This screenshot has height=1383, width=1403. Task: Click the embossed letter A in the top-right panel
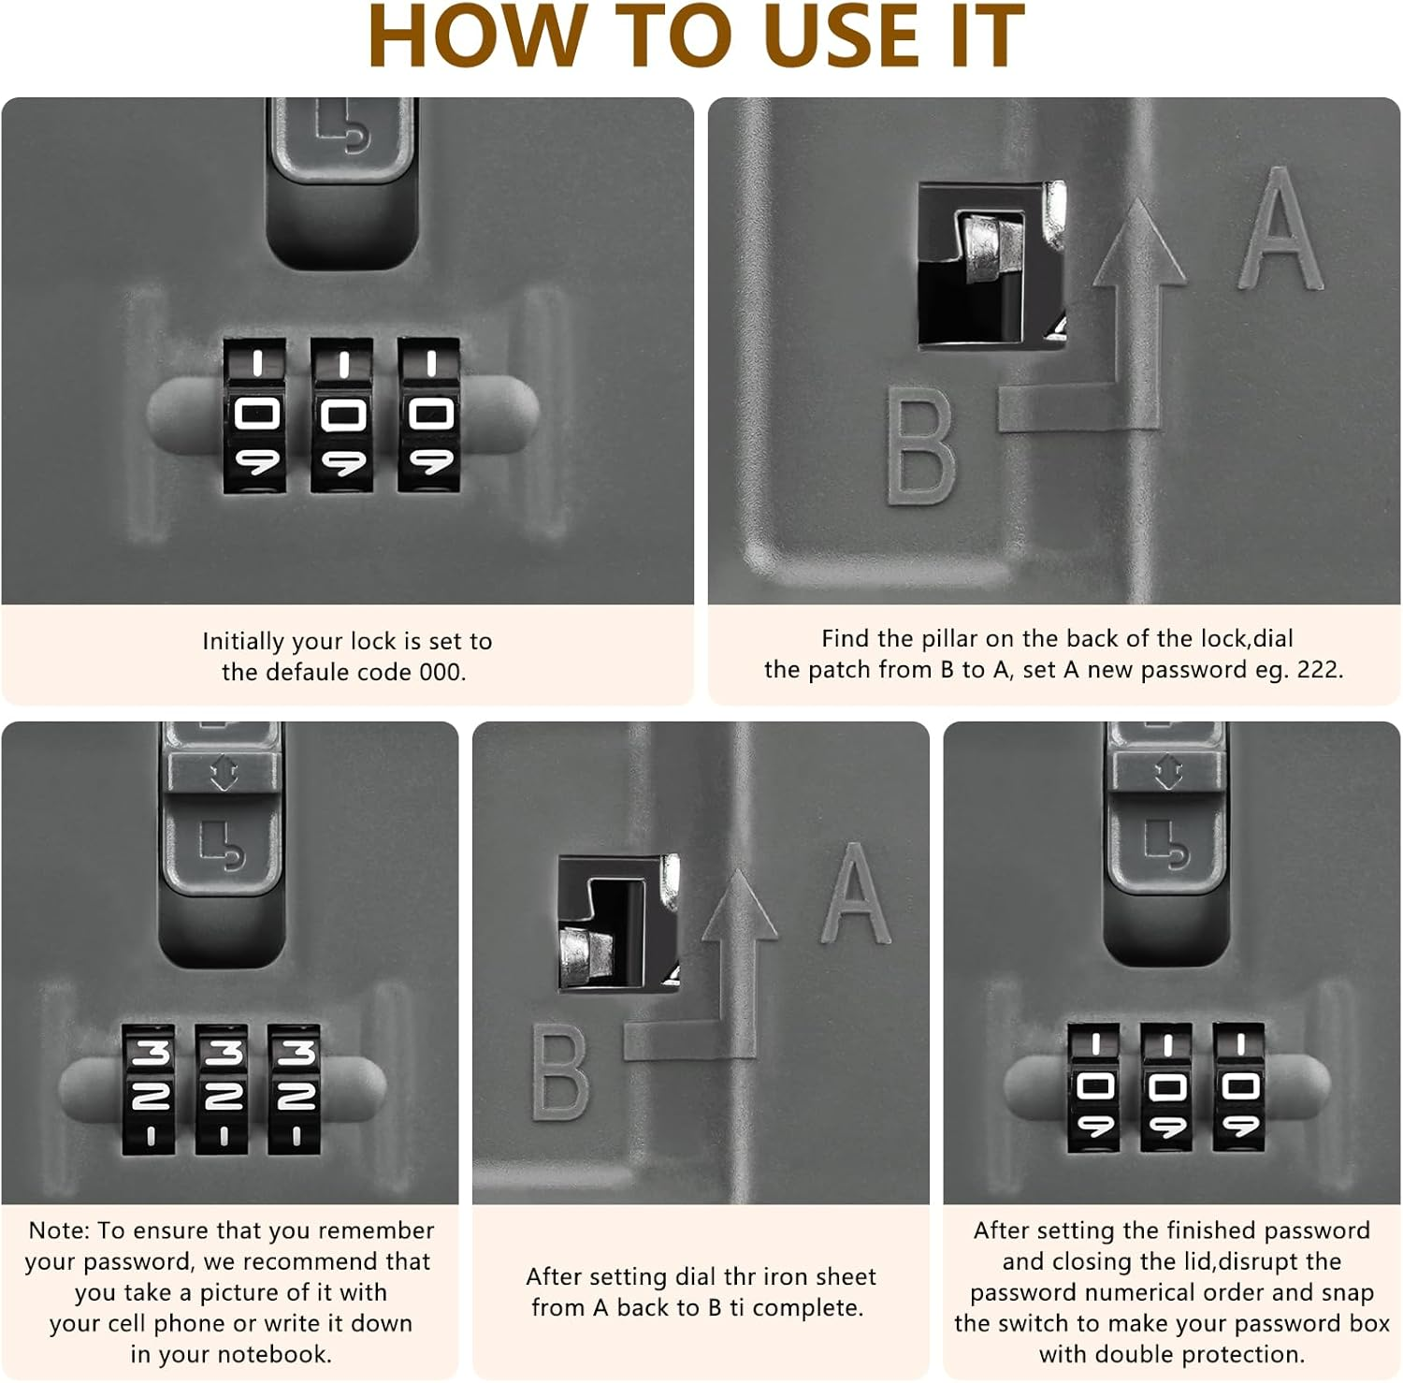point(1279,228)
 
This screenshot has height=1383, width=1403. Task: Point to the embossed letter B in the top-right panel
point(920,446)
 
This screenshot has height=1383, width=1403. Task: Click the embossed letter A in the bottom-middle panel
point(855,893)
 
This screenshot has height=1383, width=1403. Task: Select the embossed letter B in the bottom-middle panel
point(559,1072)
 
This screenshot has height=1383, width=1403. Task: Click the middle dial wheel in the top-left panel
point(342,415)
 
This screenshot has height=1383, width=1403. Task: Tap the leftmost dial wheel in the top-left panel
point(254,415)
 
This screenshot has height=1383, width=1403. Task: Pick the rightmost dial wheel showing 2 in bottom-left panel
point(295,1089)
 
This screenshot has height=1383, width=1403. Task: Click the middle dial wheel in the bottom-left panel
point(223,1089)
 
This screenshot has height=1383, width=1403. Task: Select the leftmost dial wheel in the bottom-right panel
point(1093,1087)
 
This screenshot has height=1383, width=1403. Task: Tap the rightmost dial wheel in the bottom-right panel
point(1238,1087)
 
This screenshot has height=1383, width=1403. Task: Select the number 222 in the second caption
point(1320,670)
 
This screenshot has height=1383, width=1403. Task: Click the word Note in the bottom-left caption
point(59,1230)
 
